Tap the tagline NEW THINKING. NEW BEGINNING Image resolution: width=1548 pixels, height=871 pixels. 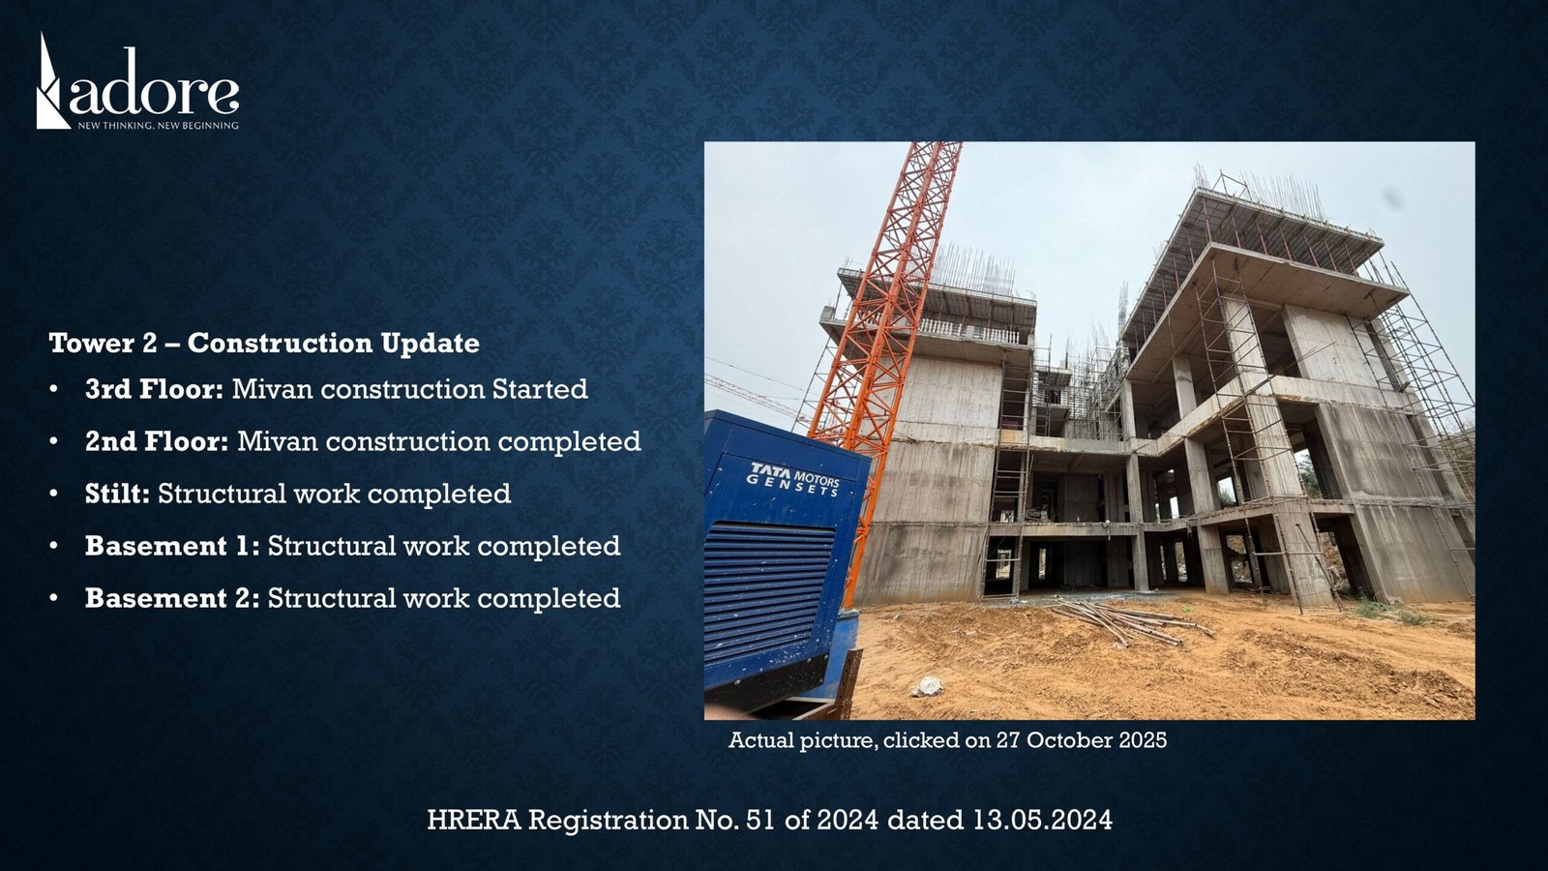pyautogui.click(x=159, y=126)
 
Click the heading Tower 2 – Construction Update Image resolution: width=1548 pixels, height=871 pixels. pyautogui.click(x=264, y=344)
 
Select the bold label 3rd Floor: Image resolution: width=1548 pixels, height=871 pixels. pyautogui.click(x=154, y=389)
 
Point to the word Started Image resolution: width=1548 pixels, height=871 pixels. pyautogui.click(x=540, y=389)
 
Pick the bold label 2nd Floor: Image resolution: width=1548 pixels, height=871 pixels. pyautogui.click(x=157, y=441)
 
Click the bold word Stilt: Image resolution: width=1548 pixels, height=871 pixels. pyautogui.click(x=117, y=494)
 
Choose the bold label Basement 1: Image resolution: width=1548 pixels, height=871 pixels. pyautogui.click(x=173, y=546)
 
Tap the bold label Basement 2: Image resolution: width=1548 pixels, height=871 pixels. pyautogui.click(x=173, y=598)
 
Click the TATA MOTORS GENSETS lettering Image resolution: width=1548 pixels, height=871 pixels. pyautogui.click(x=794, y=479)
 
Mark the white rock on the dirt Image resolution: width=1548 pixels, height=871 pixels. pyautogui.click(x=928, y=686)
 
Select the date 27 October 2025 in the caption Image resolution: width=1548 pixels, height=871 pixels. pyautogui.click(x=1081, y=740)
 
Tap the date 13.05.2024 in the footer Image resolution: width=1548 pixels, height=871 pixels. pyautogui.click(x=1043, y=820)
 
